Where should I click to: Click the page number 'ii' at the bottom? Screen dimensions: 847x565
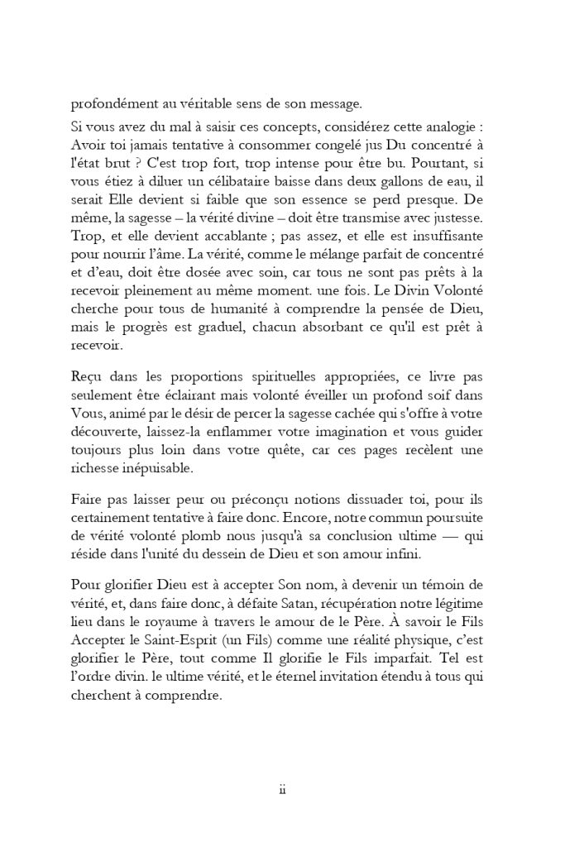(282, 791)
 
